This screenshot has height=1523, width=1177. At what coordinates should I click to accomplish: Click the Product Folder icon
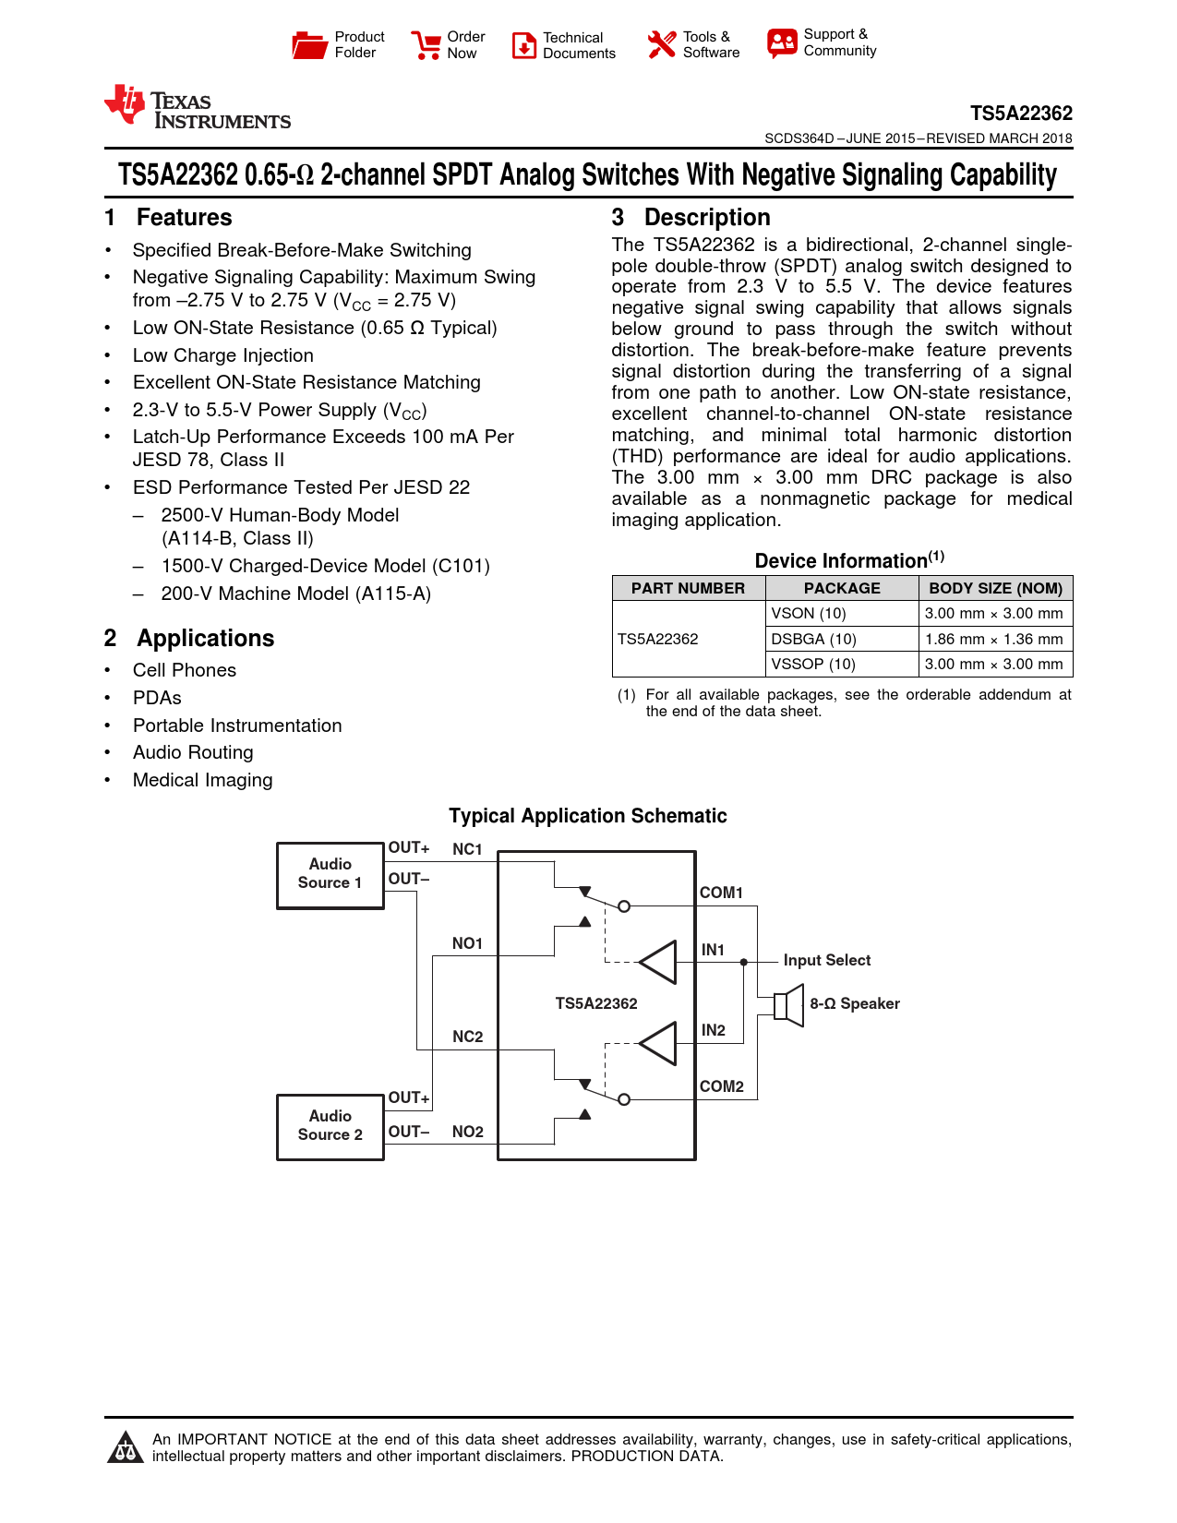tap(309, 44)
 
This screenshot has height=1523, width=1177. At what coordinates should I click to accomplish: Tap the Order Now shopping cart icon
tap(426, 44)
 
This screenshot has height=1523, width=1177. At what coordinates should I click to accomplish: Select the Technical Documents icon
tap(523, 45)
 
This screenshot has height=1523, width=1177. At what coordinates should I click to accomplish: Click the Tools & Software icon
tap(661, 44)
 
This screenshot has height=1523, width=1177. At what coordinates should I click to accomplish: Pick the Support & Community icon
tap(781, 42)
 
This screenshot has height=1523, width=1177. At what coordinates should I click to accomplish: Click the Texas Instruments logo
tap(197, 107)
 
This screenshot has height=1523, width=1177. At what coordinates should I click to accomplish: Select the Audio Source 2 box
tap(330, 1126)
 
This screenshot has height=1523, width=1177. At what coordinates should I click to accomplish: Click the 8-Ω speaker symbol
tap(789, 1004)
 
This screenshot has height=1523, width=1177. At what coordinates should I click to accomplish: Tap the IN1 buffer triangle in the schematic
tap(659, 962)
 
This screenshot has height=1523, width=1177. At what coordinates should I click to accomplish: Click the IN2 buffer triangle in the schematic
tap(659, 1043)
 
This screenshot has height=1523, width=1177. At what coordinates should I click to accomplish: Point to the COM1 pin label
tap(721, 893)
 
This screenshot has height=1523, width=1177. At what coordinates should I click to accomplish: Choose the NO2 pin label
tap(468, 1132)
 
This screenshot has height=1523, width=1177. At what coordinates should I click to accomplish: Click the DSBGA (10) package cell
tap(814, 639)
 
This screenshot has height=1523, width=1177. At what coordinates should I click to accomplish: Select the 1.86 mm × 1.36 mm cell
tap(993, 639)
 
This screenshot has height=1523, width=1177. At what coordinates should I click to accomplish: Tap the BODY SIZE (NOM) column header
tap(995, 588)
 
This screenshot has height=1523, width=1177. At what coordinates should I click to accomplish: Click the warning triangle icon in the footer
tap(125, 1448)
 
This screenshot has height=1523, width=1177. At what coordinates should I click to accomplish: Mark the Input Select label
tap(826, 960)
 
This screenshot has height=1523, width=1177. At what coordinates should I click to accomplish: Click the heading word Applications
tap(206, 639)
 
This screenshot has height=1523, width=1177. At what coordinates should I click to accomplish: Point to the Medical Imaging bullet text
tap(202, 780)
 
